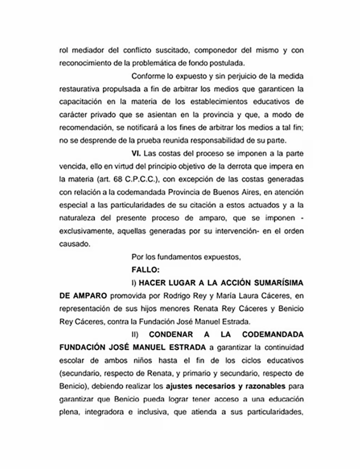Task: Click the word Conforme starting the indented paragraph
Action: click(146, 75)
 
